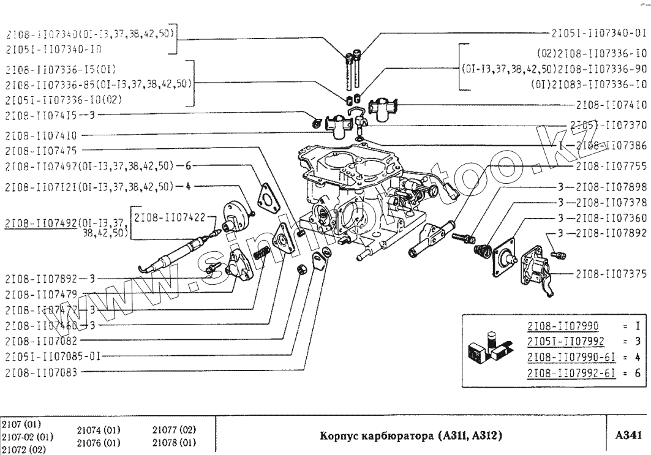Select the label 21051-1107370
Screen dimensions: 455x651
pyautogui.click(x=608, y=126)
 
